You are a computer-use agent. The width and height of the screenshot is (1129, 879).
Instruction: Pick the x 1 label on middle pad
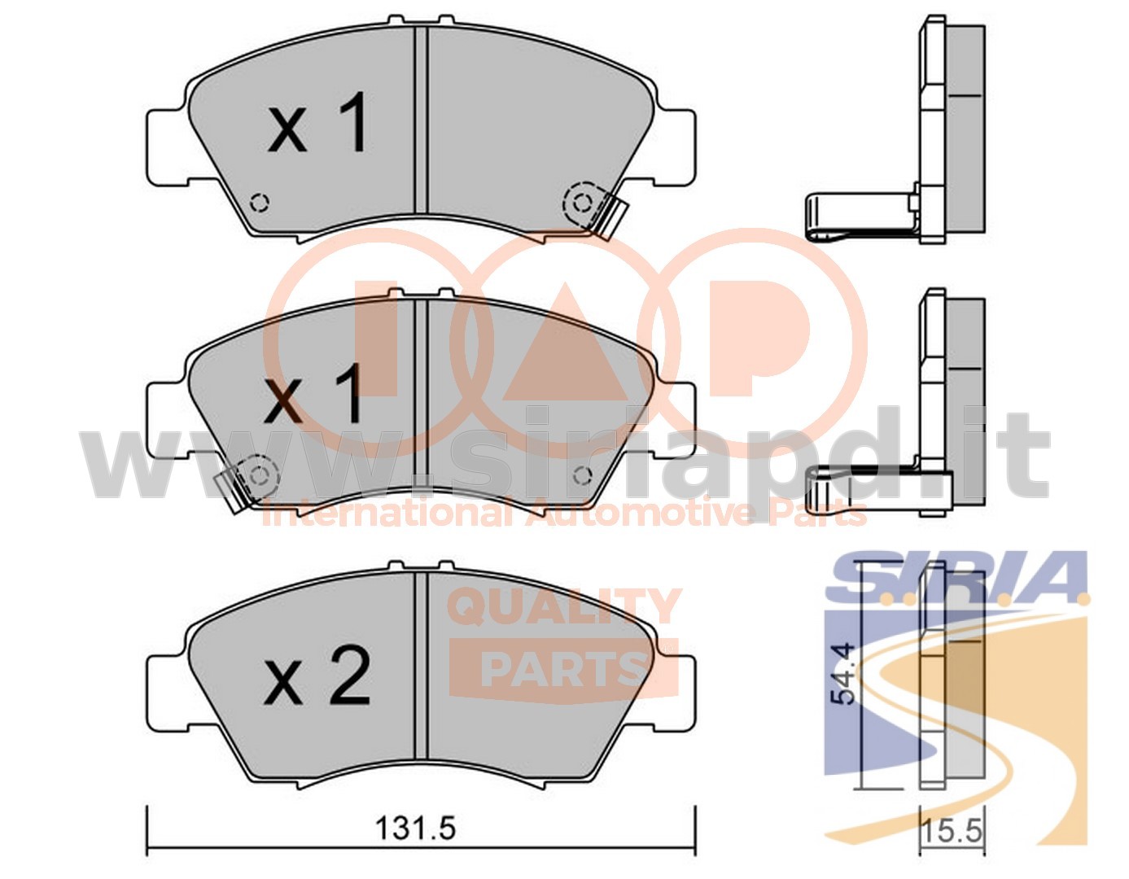point(313,393)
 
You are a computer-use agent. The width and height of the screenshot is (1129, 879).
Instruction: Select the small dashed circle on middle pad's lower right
point(583,475)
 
